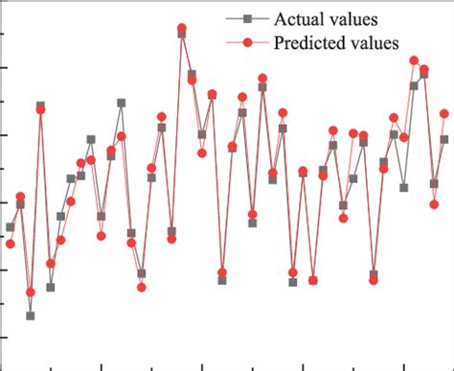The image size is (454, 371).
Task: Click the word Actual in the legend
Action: tap(297, 18)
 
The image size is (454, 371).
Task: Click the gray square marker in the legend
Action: tap(246, 18)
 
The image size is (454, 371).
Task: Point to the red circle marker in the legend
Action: tap(246, 42)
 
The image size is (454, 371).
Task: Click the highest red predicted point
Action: tap(182, 29)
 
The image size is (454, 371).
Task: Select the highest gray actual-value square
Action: tap(182, 34)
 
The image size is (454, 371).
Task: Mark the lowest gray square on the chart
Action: tap(31, 315)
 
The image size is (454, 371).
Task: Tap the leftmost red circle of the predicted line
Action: tap(10, 243)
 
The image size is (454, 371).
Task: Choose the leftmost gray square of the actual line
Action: tap(10, 227)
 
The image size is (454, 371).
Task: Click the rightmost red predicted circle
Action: tap(444, 114)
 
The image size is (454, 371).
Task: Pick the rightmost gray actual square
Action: tap(444, 139)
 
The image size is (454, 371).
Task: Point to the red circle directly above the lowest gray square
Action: tap(31, 291)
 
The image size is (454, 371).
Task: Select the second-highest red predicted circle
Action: tap(414, 60)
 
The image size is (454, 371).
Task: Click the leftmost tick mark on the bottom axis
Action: tap(51, 366)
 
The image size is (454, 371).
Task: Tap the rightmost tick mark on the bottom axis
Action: tap(405, 366)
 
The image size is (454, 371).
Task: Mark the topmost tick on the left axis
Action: tap(3, 35)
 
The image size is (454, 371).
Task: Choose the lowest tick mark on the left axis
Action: tap(3, 336)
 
